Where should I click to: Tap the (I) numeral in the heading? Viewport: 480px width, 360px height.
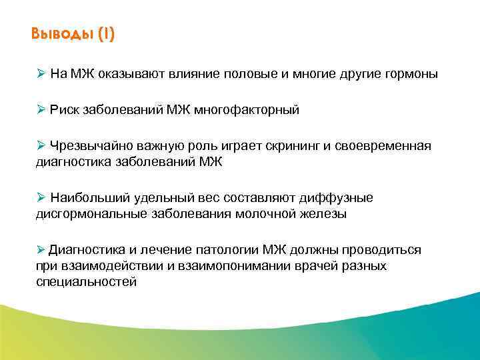tap(106, 34)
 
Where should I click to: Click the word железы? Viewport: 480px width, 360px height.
tap(325, 214)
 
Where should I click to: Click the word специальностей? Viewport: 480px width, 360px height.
tap(86, 282)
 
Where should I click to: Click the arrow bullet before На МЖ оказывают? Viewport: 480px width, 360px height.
tap(41, 74)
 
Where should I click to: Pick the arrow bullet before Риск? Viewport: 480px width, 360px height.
tap(41, 110)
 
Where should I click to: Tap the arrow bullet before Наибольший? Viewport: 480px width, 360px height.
tap(41, 198)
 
